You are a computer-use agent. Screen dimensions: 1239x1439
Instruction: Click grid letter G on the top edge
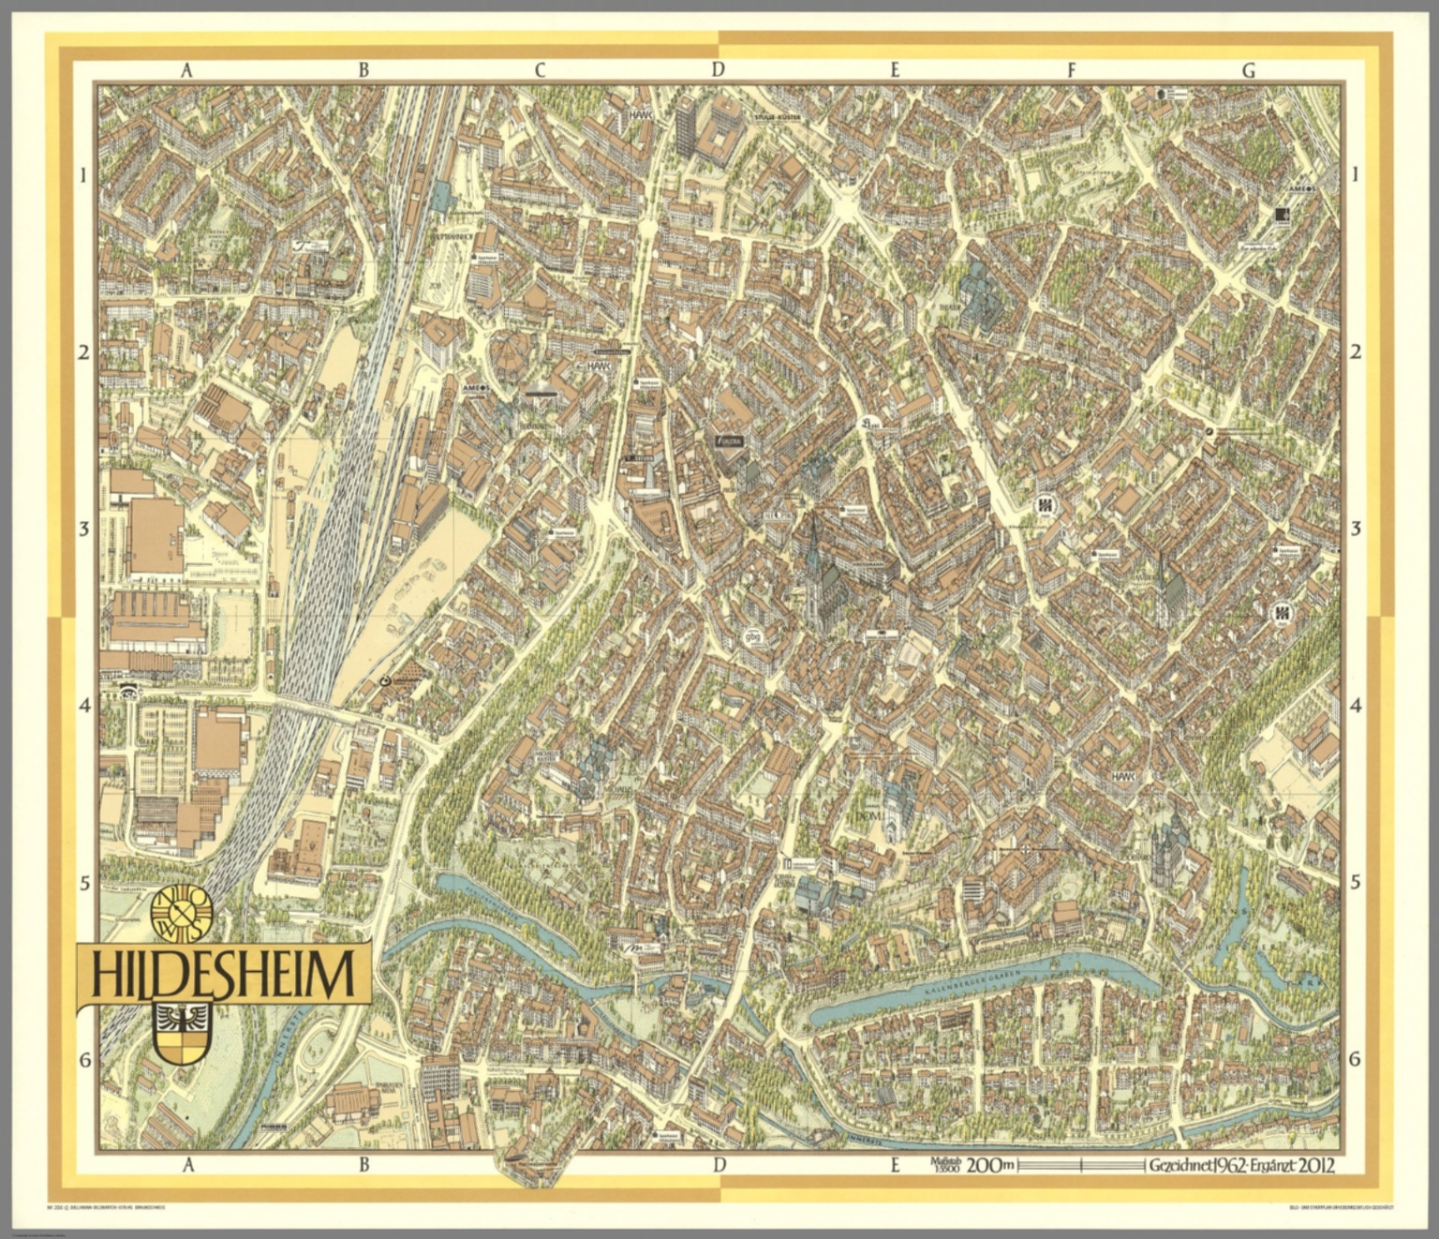tap(1247, 69)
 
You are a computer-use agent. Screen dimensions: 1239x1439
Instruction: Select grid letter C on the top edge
tap(540, 69)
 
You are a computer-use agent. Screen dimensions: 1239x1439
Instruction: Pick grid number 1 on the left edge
tap(83, 174)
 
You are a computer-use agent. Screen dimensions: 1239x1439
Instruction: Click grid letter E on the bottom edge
tap(896, 1166)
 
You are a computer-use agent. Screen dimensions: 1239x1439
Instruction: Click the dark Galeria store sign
tap(730, 440)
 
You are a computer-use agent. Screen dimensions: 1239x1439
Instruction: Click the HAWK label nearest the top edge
tap(641, 114)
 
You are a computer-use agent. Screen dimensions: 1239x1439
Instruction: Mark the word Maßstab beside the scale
tap(945, 1160)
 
